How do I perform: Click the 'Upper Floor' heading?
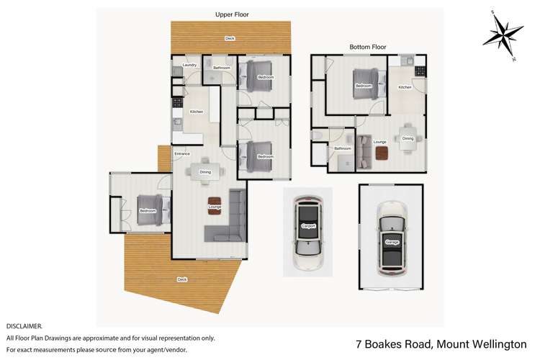[x=233, y=14]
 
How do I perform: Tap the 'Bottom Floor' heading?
[x=368, y=47]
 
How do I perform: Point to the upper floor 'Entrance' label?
[x=182, y=153]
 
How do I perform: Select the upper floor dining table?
[x=206, y=171]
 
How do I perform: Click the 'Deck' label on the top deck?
[x=230, y=38]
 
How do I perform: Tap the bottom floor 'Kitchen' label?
[x=405, y=87]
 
